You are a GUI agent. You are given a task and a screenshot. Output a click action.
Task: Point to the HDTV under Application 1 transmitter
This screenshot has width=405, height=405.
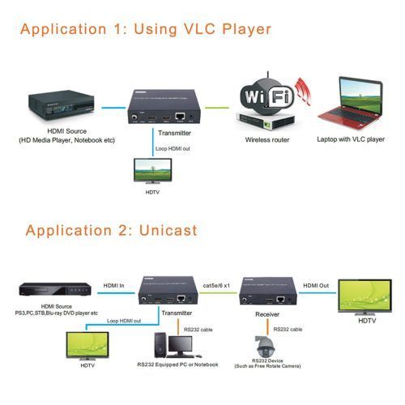pyautogui.click(x=153, y=171)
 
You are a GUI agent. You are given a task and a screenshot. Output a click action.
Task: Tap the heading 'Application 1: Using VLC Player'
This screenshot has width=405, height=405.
pyautogui.click(x=146, y=31)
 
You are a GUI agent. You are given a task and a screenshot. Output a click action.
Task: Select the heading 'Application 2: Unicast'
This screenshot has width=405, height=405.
pyautogui.click(x=111, y=230)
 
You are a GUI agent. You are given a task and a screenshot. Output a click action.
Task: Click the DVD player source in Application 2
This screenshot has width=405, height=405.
pyautogui.click(x=50, y=290)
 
